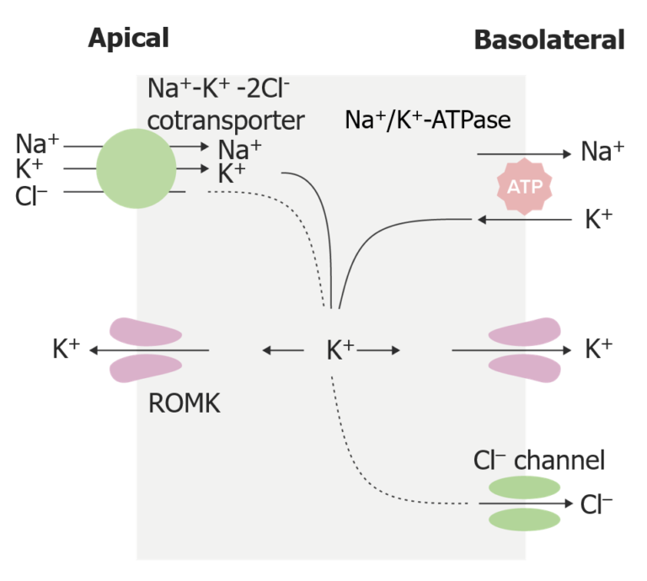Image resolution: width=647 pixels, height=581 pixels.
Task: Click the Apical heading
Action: pos(129,38)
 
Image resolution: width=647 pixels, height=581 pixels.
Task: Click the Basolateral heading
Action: pos(549,40)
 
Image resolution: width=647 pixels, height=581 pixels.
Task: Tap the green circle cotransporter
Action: pos(136,168)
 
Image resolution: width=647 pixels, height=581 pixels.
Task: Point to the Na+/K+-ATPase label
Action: pos(428,120)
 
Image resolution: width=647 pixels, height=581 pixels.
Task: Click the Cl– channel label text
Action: pos(539,460)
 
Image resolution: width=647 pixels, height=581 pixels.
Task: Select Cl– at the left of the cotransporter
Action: pos(31,197)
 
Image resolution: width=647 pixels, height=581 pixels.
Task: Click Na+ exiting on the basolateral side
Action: pos(602,152)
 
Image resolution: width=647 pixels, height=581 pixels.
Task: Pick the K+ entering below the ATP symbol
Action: pos(598,220)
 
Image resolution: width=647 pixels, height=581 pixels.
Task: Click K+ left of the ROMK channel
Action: pos(66,349)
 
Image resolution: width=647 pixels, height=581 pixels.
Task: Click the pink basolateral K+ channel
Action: pos(525,348)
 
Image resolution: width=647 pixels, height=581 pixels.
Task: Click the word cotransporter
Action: pos(225,120)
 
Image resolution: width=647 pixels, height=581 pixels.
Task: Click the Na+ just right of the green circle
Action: pos(239,150)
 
